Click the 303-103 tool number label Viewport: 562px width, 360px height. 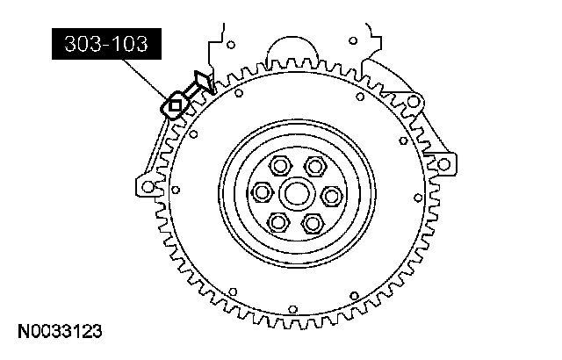pos(106,44)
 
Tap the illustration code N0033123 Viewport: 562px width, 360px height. pos(60,331)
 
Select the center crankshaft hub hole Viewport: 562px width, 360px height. pos(297,194)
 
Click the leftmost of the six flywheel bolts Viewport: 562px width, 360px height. pos(263,193)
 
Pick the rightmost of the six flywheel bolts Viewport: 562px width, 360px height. pos(332,196)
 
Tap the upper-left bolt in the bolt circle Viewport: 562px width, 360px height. pos(280,165)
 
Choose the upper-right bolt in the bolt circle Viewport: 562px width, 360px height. pos(315,166)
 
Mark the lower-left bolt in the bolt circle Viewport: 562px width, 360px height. pos(278,222)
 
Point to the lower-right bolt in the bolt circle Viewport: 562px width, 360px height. pos(313,224)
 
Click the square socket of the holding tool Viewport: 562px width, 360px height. pos(175,106)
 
